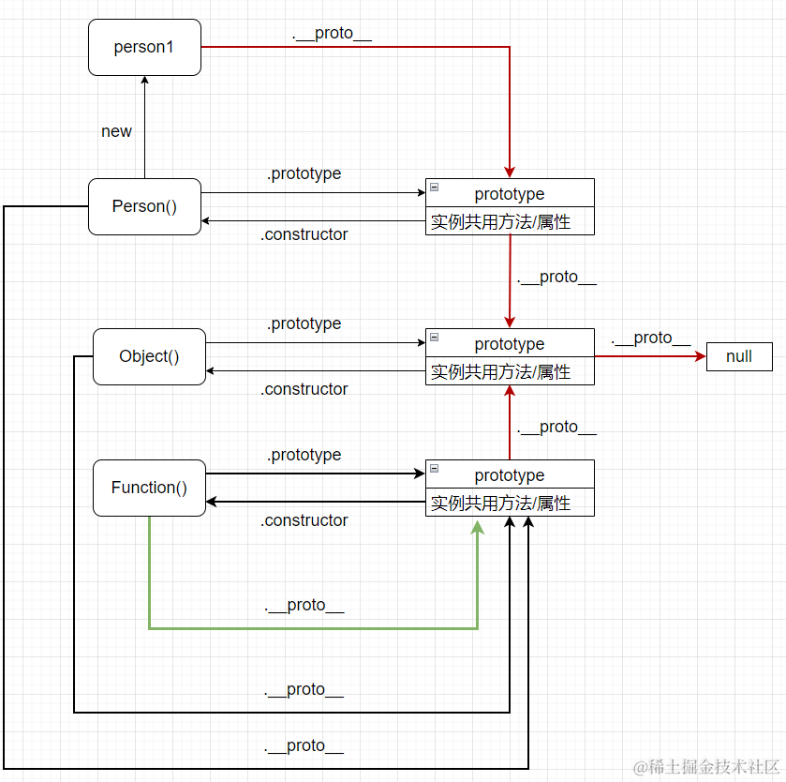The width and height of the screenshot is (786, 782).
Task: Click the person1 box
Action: [x=144, y=47]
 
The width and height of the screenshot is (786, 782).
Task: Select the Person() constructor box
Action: [x=144, y=206]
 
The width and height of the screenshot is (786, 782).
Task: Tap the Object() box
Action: [x=149, y=356]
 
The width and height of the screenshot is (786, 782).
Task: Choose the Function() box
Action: [x=149, y=488]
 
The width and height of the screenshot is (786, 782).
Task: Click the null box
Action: [x=739, y=356]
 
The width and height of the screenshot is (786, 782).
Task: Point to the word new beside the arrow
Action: [x=116, y=131]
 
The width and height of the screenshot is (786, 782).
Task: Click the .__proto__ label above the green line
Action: [x=304, y=605]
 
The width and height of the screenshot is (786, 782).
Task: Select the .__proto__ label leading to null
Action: [x=650, y=338]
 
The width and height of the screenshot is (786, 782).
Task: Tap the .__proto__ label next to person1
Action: [x=332, y=33]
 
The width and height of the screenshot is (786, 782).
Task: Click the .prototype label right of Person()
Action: [x=304, y=173]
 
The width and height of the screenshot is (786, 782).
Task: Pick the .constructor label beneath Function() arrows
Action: [x=304, y=520]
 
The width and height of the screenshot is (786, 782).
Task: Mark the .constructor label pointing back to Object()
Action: [x=304, y=389]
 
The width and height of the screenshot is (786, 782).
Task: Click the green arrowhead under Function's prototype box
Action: [x=478, y=526]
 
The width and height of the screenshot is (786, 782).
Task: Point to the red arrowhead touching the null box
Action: [x=700, y=356]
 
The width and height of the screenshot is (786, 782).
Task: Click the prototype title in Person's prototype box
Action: [x=510, y=194]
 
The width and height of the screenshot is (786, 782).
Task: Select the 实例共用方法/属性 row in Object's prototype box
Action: [x=501, y=372]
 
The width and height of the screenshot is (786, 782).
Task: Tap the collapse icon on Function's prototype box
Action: [x=435, y=468]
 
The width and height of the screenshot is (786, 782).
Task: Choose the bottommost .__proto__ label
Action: [x=304, y=745]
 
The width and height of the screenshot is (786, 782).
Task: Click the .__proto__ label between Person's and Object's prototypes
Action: [x=556, y=277]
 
